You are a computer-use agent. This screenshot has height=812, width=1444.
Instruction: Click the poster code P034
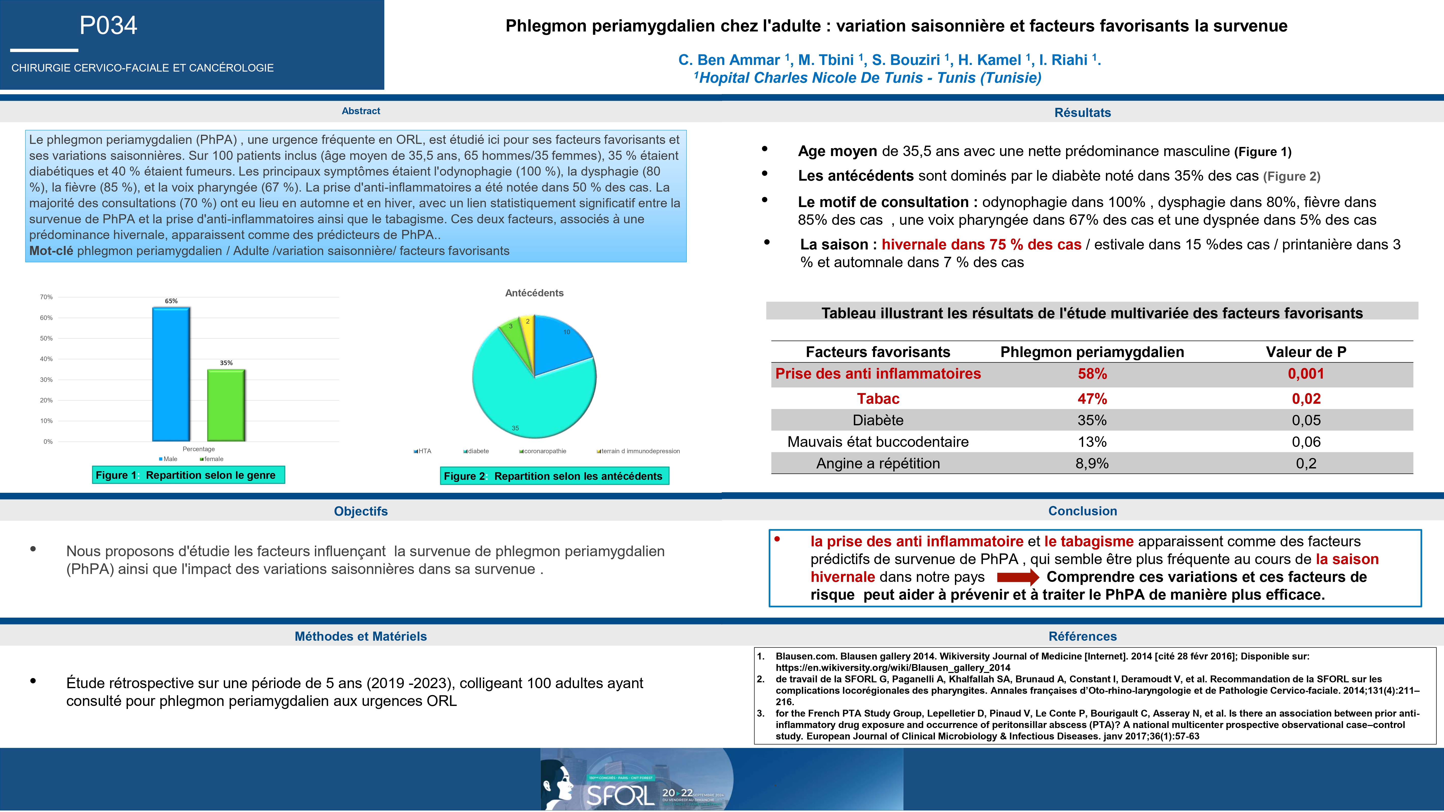point(108,25)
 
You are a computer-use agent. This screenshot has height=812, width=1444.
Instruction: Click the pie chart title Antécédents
point(534,293)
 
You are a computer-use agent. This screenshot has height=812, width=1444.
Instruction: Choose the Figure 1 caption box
point(188,475)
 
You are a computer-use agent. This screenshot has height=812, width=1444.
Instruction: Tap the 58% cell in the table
point(1092,374)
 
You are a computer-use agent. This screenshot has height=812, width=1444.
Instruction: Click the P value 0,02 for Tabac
point(1306,399)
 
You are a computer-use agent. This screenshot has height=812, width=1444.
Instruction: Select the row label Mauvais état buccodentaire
point(878,442)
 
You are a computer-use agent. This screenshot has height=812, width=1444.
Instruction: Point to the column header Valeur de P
point(1306,352)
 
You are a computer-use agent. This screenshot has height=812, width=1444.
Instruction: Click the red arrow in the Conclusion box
point(1017,577)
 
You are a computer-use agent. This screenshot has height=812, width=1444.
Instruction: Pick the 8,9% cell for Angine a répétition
point(1092,463)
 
